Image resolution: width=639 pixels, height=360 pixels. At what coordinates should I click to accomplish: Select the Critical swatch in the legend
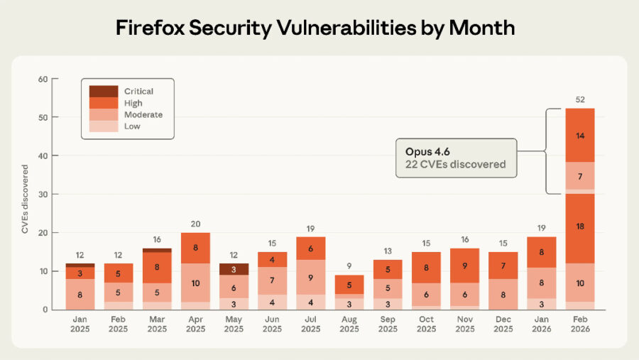click(103, 92)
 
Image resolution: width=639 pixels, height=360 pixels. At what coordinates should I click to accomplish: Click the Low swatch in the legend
click(103, 126)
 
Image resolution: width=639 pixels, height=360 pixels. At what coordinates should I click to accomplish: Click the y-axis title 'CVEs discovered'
click(25, 200)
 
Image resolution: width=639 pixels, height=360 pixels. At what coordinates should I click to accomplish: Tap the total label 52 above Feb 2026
click(579, 99)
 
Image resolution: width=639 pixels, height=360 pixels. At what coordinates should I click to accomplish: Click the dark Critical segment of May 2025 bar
click(234, 269)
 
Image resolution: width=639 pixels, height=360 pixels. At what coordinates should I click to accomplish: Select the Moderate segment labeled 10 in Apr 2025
click(195, 283)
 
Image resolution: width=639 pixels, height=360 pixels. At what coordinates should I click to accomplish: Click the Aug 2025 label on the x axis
click(348, 324)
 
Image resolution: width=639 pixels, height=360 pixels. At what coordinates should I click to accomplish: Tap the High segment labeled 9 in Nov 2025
click(464, 266)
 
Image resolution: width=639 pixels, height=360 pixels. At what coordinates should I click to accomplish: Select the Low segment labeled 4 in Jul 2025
click(310, 302)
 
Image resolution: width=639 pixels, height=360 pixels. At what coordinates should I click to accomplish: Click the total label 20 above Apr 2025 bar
click(195, 224)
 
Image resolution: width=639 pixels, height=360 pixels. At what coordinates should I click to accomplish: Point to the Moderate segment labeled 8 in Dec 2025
click(503, 295)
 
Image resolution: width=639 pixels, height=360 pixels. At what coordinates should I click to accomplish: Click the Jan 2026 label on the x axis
click(541, 324)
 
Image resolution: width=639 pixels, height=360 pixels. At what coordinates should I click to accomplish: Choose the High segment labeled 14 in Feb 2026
click(579, 135)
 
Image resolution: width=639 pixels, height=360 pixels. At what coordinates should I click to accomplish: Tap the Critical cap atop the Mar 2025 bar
click(157, 250)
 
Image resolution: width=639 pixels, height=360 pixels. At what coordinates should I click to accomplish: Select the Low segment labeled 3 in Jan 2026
click(541, 304)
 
